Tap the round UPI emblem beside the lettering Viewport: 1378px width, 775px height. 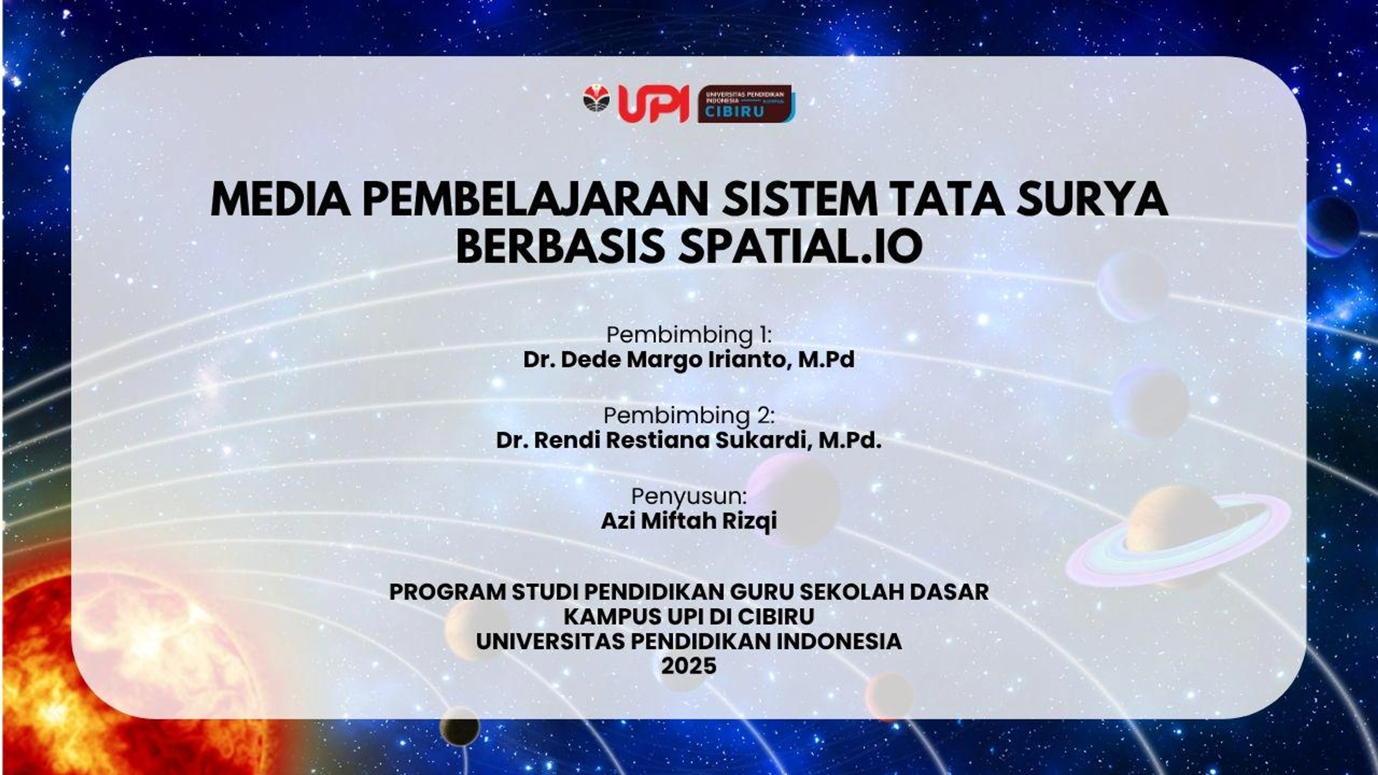596,98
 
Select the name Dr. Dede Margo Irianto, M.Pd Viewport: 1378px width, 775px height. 689,360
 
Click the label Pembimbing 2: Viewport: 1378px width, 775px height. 689,415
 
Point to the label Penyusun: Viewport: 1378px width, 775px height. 689,496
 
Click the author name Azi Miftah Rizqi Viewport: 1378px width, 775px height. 689,520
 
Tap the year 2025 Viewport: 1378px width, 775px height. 689,666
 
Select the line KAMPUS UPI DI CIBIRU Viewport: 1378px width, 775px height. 689,616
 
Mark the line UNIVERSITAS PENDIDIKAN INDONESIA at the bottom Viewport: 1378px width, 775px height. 689,641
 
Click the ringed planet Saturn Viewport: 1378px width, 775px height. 1177,535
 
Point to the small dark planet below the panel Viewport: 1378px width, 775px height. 459,726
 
